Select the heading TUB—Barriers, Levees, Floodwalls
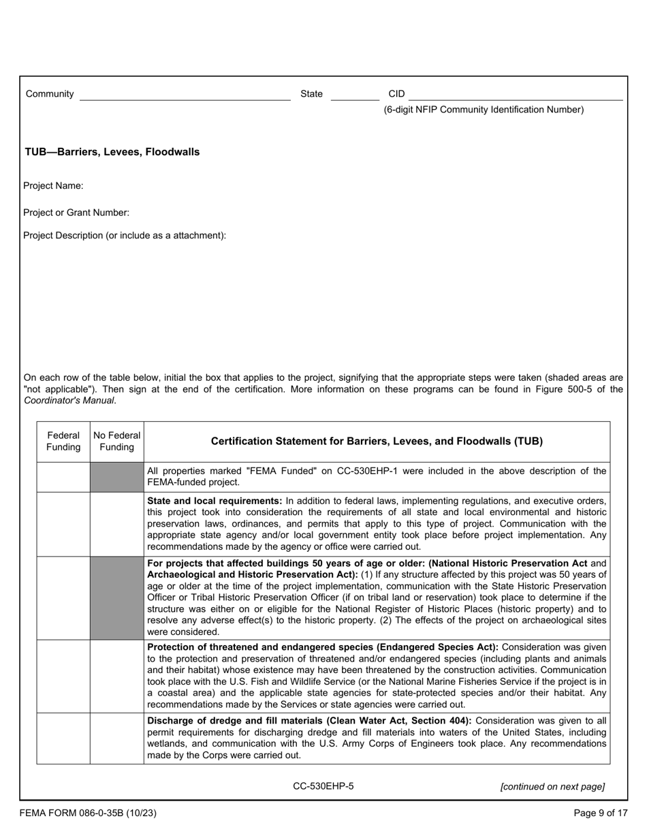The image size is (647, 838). pyautogui.click(x=112, y=152)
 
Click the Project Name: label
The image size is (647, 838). pyautogui.click(x=54, y=186)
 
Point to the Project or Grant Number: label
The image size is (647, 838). pyautogui.click(x=76, y=213)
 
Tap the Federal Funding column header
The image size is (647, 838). pyautogui.click(x=63, y=441)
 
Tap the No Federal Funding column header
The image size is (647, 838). pyautogui.click(x=117, y=441)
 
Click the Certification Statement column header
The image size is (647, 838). pyautogui.click(x=377, y=441)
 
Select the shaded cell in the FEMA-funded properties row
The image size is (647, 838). pyautogui.click(x=117, y=477)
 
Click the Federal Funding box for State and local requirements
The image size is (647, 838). pyautogui.click(x=63, y=524)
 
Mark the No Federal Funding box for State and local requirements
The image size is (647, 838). pyautogui.click(x=117, y=524)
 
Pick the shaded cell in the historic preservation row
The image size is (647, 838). pyautogui.click(x=117, y=598)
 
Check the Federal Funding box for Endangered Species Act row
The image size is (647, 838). pyautogui.click(x=63, y=676)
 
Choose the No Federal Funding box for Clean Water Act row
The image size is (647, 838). pyautogui.click(x=117, y=739)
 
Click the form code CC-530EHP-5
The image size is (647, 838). pyautogui.click(x=323, y=786)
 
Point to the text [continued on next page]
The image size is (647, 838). pyautogui.click(x=552, y=787)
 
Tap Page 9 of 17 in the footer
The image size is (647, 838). pyautogui.click(x=601, y=813)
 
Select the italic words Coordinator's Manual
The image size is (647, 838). pyautogui.click(x=69, y=401)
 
